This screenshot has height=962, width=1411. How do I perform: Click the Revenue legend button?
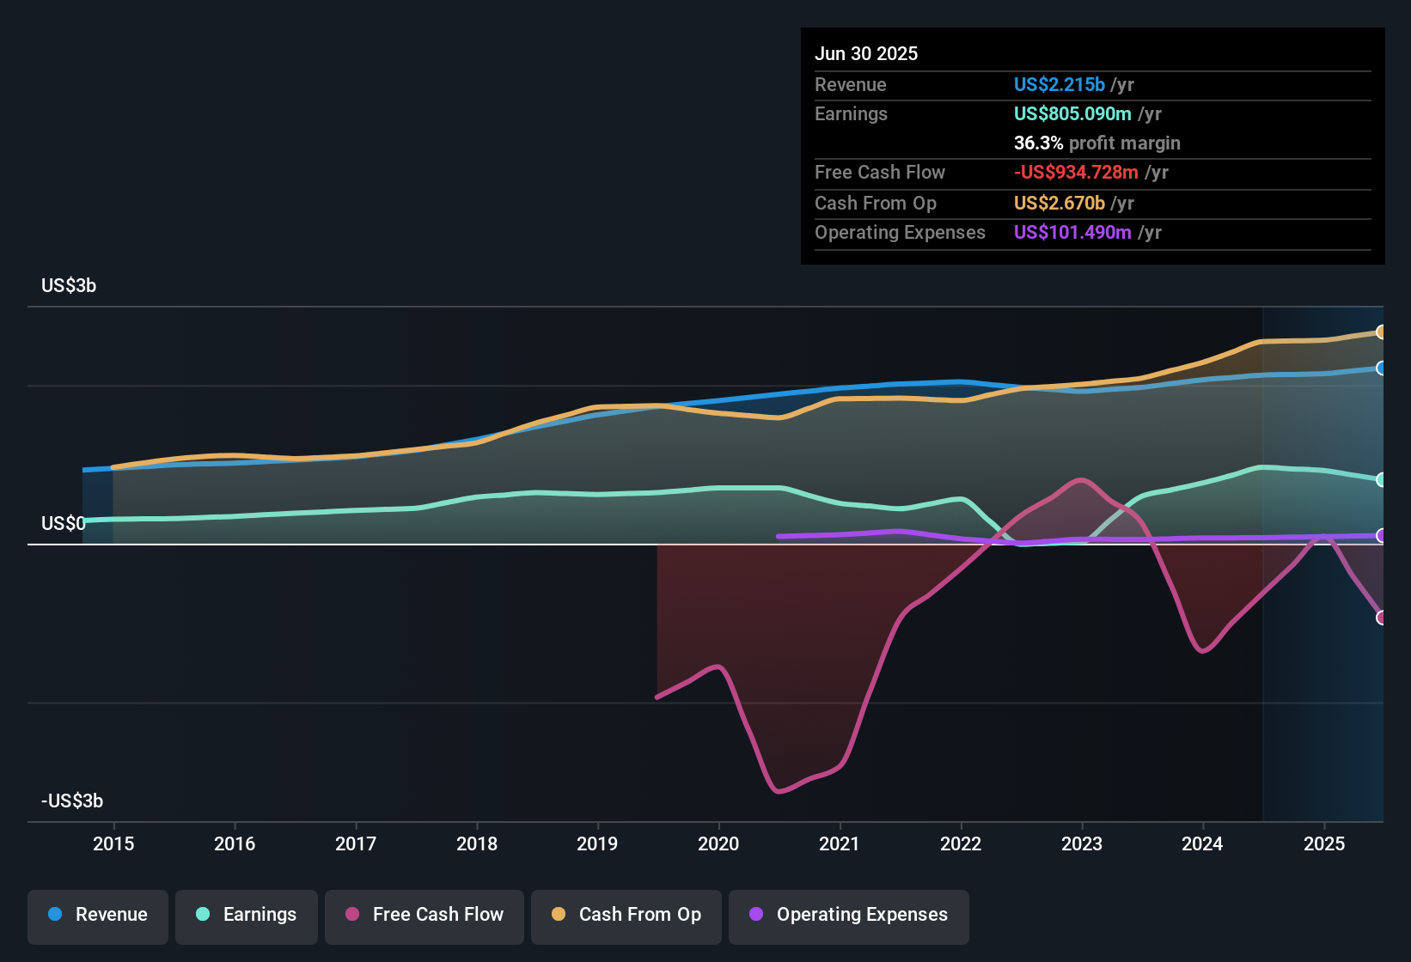(98, 915)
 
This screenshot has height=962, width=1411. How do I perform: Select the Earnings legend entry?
(247, 915)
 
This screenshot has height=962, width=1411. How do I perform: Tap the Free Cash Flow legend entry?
(425, 915)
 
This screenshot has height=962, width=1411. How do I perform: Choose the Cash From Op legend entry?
(626, 915)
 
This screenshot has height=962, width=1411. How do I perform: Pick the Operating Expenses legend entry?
(849, 915)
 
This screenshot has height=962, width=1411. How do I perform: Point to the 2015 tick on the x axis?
(113, 843)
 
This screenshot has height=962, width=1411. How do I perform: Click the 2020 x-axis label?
(718, 843)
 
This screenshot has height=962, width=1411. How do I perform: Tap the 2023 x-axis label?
(1082, 843)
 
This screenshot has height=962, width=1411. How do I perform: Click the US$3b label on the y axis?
(69, 286)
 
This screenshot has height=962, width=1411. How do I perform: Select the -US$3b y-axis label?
(72, 801)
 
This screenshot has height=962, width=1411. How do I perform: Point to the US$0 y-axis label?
(63, 524)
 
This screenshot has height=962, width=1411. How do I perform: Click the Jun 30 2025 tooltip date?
(866, 54)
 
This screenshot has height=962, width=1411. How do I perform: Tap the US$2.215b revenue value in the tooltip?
(1059, 85)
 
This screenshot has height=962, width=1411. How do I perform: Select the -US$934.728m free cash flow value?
(1076, 173)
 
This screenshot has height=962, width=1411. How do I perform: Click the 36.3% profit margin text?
(1096, 143)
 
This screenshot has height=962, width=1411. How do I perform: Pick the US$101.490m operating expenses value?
(1072, 233)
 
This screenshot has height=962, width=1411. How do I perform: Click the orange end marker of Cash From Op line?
(1381, 332)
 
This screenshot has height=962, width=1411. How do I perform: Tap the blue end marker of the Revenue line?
(1381, 368)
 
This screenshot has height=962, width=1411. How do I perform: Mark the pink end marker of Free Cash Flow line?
(1381, 618)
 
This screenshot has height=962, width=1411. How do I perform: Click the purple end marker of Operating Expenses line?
(1381, 536)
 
